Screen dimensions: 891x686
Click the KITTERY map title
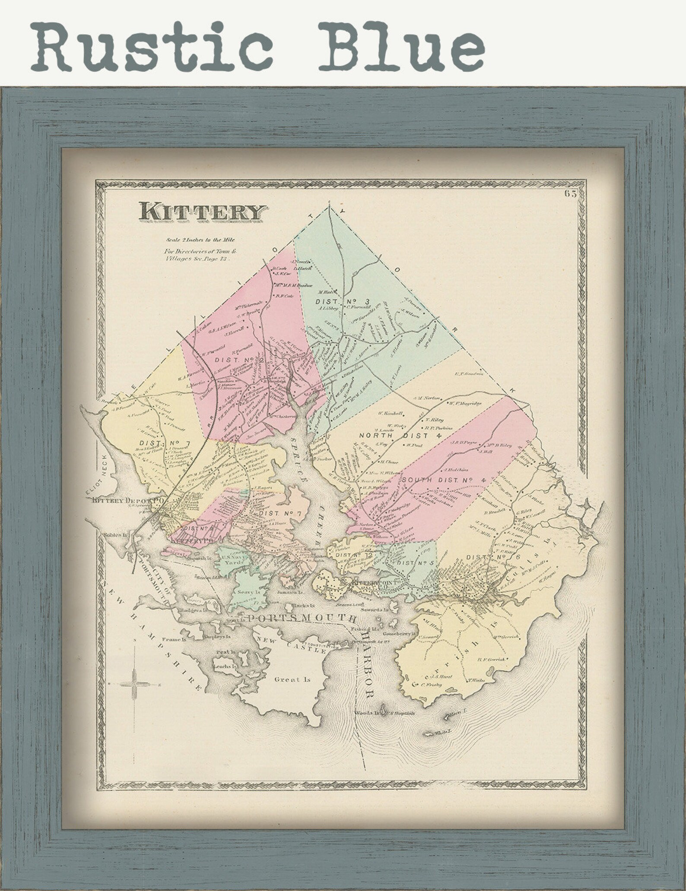tap(201, 212)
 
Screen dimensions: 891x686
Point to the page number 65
tap(570, 194)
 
